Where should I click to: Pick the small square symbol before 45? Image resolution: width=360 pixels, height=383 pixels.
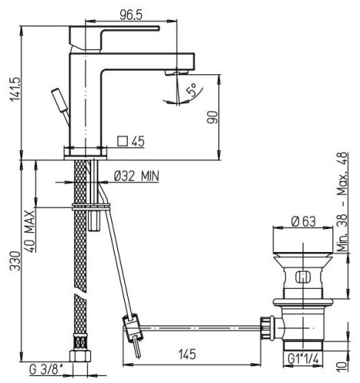122,141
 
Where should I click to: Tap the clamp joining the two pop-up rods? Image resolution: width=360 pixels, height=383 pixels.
131,327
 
